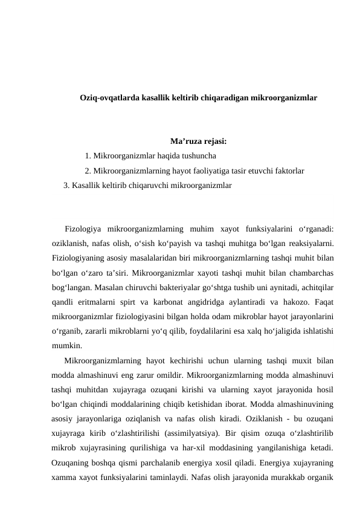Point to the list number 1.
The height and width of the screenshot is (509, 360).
point(88,157)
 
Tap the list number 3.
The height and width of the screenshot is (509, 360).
point(66,184)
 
